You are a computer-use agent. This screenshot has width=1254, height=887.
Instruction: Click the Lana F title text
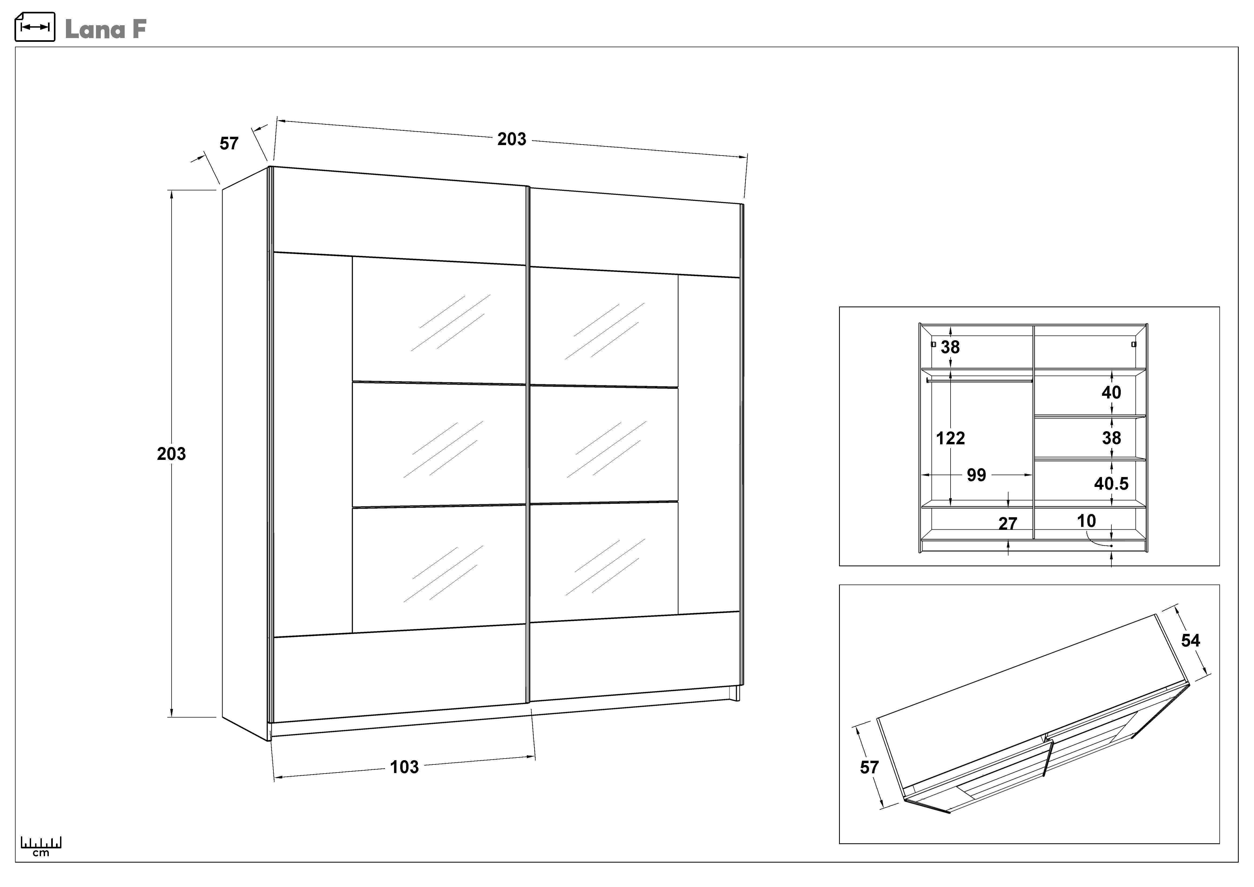tap(105, 29)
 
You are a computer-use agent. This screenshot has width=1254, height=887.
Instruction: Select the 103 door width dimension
tap(404, 767)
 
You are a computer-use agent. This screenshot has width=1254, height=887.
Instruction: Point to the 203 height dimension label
tap(172, 454)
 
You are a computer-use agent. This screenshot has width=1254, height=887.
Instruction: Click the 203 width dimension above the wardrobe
tap(512, 139)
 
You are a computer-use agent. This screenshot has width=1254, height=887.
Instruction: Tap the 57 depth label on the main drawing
tap(229, 144)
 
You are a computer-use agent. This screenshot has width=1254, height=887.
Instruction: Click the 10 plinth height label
tap(1086, 521)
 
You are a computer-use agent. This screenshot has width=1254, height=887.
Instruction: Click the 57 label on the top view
tap(870, 767)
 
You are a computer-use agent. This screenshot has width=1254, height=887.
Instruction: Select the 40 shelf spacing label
tap(1111, 392)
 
